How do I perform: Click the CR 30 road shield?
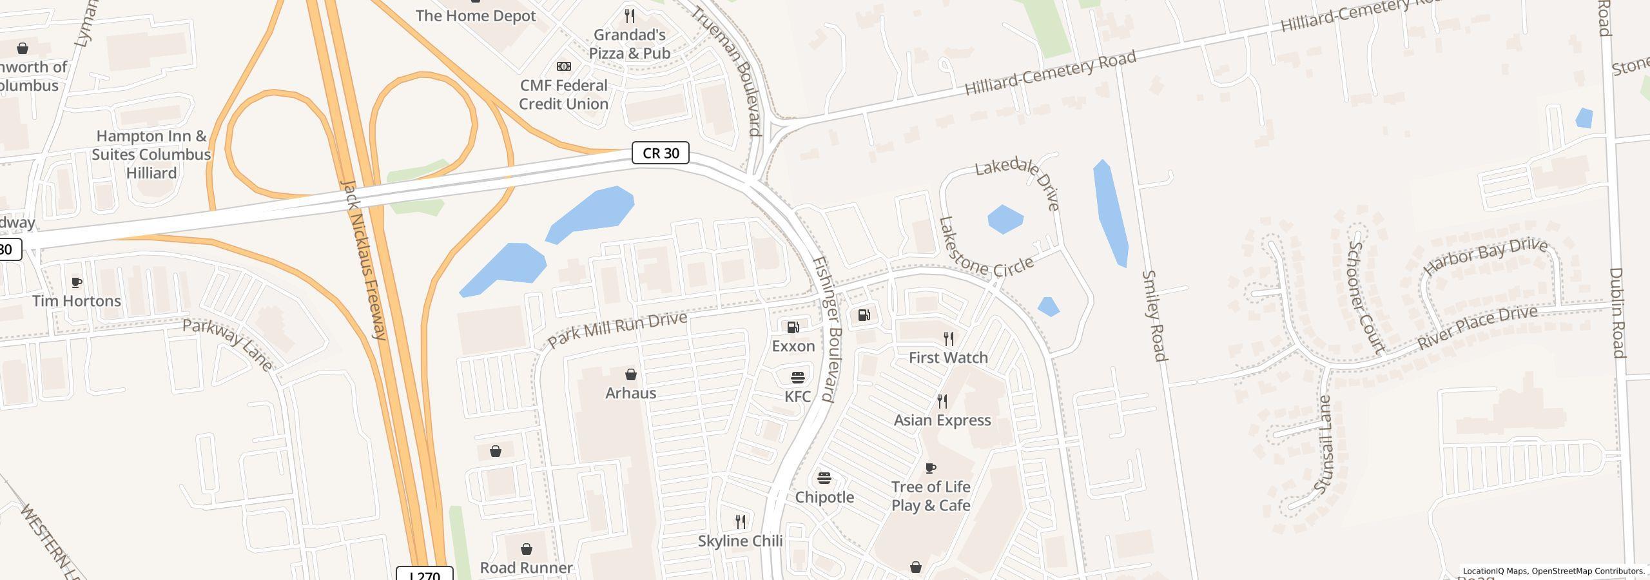pyautogui.click(x=660, y=153)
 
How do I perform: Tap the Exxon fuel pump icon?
pyautogui.click(x=793, y=327)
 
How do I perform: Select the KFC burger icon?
pyautogui.click(x=797, y=377)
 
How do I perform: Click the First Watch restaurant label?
pyautogui.click(x=948, y=358)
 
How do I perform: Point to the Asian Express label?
pyautogui.click(x=942, y=420)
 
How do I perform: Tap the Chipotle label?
pyautogui.click(x=824, y=497)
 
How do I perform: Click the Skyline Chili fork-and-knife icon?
pyautogui.click(x=741, y=521)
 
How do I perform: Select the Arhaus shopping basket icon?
pyautogui.click(x=630, y=374)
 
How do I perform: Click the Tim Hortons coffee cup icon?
pyautogui.click(x=76, y=282)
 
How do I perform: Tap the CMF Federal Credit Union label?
pyautogui.click(x=563, y=95)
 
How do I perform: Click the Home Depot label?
pyautogui.click(x=476, y=15)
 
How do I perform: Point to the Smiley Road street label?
pyautogui.click(x=1154, y=316)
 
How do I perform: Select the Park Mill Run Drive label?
pyautogui.click(x=617, y=330)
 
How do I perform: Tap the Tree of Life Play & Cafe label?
pyautogui.click(x=931, y=496)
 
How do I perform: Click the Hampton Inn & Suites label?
pyautogui.click(x=151, y=154)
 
